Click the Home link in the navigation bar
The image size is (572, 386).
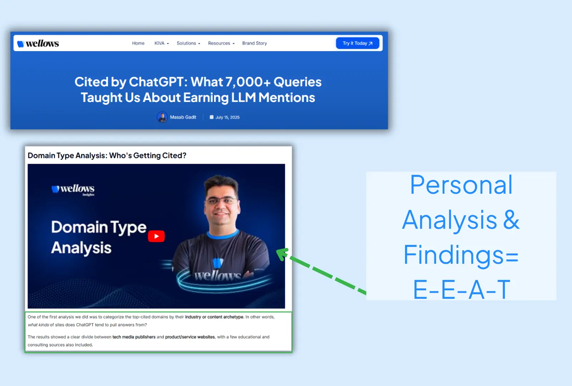click(138, 43)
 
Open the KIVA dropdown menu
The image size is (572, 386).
click(162, 43)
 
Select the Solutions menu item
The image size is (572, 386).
click(188, 43)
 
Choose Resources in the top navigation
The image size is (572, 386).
click(221, 43)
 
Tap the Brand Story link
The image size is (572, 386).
click(255, 43)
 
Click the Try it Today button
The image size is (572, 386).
click(357, 43)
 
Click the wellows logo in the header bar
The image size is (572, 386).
click(38, 44)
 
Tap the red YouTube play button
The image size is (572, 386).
click(156, 236)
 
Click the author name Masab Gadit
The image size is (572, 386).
click(183, 117)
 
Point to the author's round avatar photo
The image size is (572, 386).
click(162, 117)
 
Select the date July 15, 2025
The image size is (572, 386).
click(227, 117)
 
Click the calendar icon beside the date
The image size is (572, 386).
click(211, 117)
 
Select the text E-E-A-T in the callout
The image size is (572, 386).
click(462, 289)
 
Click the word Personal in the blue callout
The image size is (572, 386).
click(461, 185)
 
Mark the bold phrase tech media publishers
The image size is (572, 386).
click(134, 337)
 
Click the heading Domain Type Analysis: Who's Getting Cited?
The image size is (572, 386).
click(107, 155)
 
